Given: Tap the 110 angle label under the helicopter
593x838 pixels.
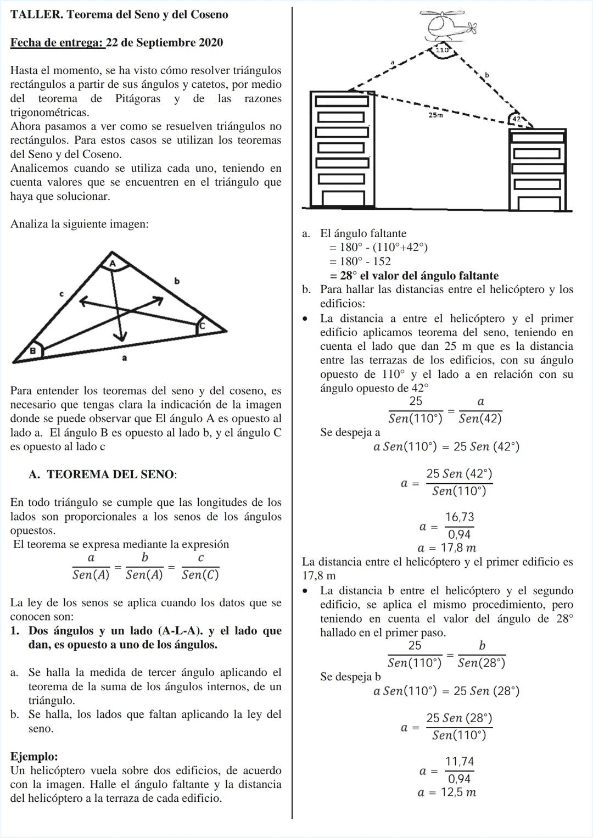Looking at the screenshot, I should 443,50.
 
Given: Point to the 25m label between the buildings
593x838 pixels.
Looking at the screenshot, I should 435,115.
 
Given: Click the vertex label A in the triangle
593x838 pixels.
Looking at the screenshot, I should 113,263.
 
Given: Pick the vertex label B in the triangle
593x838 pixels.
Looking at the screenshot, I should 32,350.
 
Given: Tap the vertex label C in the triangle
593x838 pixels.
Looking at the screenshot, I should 202,326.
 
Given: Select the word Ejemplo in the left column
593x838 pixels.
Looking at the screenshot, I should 34,756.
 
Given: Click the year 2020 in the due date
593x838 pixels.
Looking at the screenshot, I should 210,43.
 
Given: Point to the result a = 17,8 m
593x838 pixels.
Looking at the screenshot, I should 446,548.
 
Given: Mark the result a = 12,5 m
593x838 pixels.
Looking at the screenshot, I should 446,792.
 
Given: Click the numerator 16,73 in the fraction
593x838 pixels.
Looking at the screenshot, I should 460,517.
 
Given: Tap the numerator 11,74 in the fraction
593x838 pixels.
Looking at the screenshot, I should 460,762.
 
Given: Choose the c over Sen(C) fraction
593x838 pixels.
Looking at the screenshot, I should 200,567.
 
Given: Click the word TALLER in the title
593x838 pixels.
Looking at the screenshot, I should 36,15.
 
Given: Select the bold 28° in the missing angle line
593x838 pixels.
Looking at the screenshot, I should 348,276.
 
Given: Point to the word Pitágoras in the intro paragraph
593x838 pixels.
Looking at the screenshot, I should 138,99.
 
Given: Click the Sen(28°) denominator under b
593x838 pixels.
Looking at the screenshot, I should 481,663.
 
